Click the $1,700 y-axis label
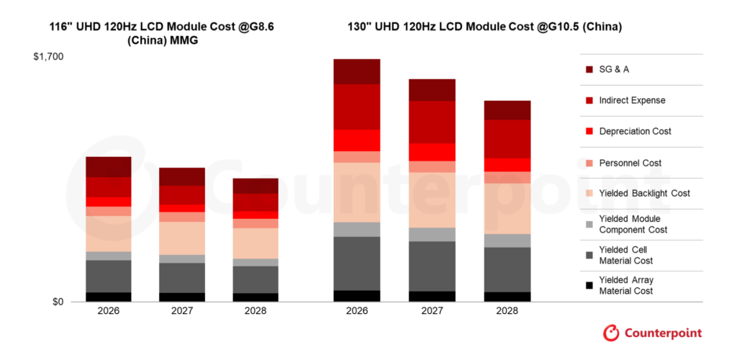[x=48, y=56]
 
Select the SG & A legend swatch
[x=589, y=70]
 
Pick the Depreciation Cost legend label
[x=635, y=132]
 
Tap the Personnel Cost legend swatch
[x=589, y=163]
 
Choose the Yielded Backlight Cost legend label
[x=644, y=194]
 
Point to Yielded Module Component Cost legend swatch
[x=589, y=225]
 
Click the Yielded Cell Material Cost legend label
[x=625, y=256]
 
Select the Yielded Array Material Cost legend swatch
[x=589, y=286]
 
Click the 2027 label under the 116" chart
[x=181, y=311]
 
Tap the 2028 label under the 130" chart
[x=507, y=311]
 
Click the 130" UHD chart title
[x=482, y=27]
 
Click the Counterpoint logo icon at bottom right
[x=611, y=333]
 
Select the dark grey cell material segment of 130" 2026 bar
[x=357, y=264]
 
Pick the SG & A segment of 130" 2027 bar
[x=432, y=90]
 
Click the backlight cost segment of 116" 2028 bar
[x=256, y=243]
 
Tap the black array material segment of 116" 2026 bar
[x=108, y=297]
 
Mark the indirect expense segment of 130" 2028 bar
[x=507, y=139]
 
